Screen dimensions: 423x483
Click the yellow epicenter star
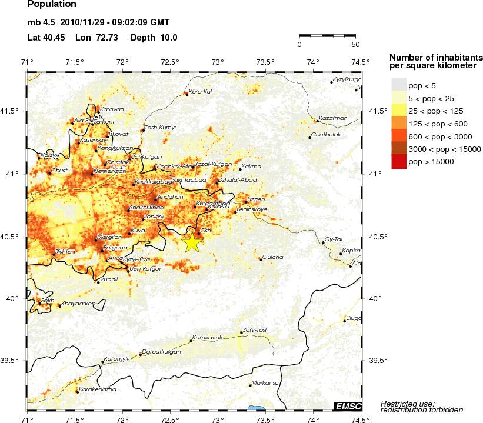click(x=192, y=242)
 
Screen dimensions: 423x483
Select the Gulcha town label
click(x=272, y=257)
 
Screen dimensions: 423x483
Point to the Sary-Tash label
click(x=255, y=330)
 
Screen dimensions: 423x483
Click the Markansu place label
click(x=264, y=383)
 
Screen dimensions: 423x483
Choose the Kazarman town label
click(x=333, y=118)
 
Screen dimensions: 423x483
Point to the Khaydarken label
click(x=78, y=303)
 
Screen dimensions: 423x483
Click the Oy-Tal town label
click(x=334, y=239)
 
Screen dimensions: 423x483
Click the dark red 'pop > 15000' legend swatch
click(x=399, y=161)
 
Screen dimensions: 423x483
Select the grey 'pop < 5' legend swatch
click(x=399, y=85)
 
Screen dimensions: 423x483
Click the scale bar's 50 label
click(x=355, y=45)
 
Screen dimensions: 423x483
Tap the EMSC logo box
click(x=347, y=406)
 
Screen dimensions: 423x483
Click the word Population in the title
click(x=52, y=5)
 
